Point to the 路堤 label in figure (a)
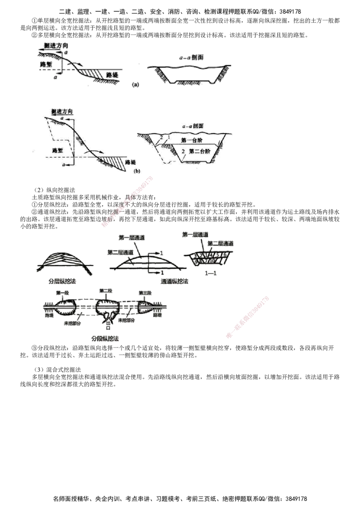coord(111,73)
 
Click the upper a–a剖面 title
coord(189,58)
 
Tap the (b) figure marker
coord(136,171)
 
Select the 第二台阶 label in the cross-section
coord(199,152)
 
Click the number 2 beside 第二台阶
coord(182,152)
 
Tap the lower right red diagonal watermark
coord(247,317)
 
